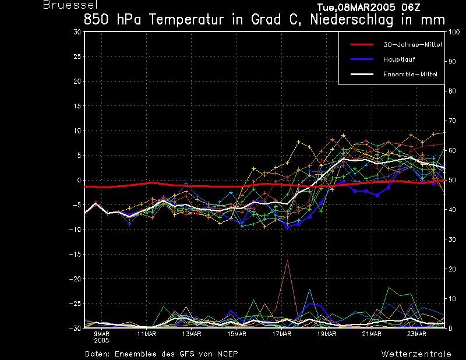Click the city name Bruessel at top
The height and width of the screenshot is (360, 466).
point(70,5)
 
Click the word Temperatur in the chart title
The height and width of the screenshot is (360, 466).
point(186,20)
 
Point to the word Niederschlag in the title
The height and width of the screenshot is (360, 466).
point(352,20)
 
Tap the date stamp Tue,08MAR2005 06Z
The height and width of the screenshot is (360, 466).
point(369,7)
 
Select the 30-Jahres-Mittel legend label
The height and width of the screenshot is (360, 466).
point(412,45)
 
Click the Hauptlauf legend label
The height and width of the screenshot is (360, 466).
point(399,59)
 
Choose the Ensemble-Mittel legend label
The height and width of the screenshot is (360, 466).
point(410,74)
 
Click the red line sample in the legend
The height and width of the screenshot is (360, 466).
point(362,45)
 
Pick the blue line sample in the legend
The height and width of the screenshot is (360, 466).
point(362,59)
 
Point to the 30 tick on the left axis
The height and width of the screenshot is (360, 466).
point(77,32)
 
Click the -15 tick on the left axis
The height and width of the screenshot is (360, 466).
point(75,254)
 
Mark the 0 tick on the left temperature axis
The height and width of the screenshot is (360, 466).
point(79,180)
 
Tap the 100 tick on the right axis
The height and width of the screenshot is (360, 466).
point(454,32)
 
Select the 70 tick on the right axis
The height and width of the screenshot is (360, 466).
point(452,121)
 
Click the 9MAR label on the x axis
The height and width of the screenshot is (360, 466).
point(101,334)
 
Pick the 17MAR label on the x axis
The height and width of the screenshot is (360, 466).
point(281,334)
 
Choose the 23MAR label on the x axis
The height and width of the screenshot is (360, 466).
point(416,334)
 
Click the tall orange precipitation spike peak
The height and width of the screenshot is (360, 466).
point(287,260)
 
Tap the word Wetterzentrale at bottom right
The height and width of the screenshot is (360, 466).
point(416,354)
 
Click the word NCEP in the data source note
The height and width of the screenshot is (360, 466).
point(227,354)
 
